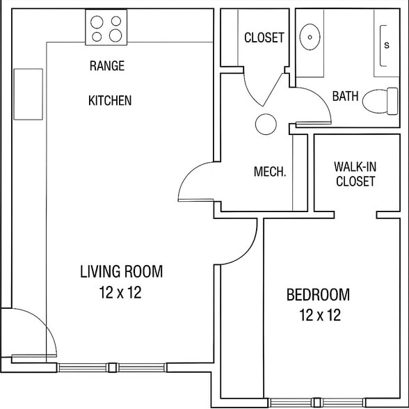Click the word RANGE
(107, 66)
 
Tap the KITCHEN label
(109, 101)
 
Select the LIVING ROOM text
(121, 271)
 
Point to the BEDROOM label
(318, 295)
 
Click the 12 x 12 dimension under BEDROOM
(320, 316)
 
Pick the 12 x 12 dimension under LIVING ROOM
(120, 293)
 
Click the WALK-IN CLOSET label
(355, 174)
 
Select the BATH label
(345, 96)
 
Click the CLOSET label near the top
(264, 38)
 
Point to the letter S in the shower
(387, 45)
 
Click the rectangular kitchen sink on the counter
(28, 94)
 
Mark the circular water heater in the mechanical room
(266, 125)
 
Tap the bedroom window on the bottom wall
(317, 401)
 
